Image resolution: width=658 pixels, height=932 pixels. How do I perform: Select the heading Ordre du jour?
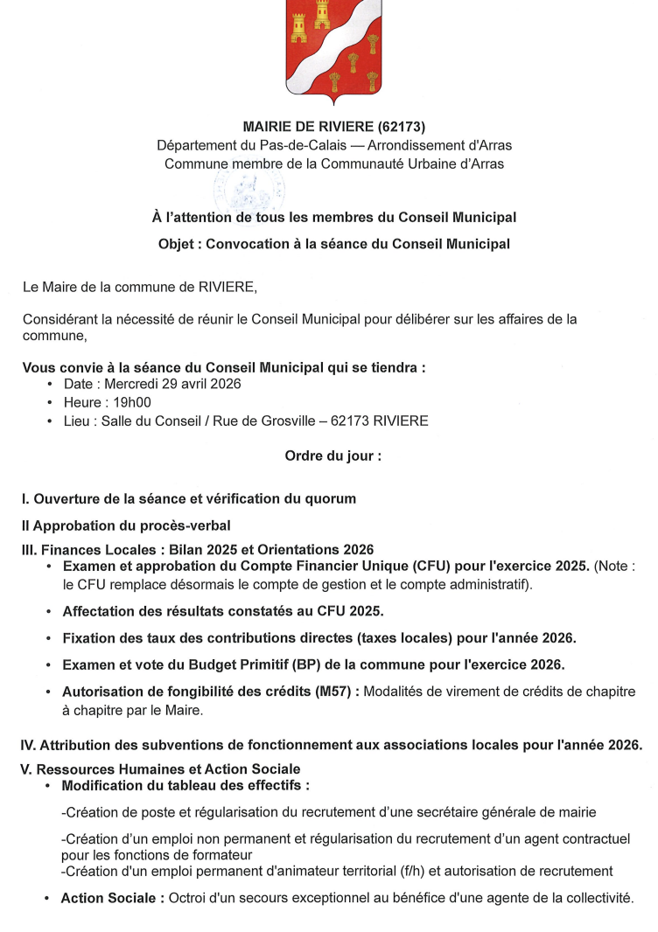click(332, 456)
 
